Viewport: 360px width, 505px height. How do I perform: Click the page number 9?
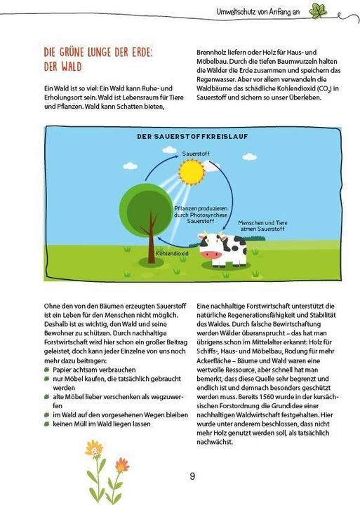click(x=192, y=476)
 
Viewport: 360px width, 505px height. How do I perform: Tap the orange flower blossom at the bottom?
click(x=122, y=466)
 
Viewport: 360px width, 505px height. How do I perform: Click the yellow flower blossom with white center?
click(x=93, y=449)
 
